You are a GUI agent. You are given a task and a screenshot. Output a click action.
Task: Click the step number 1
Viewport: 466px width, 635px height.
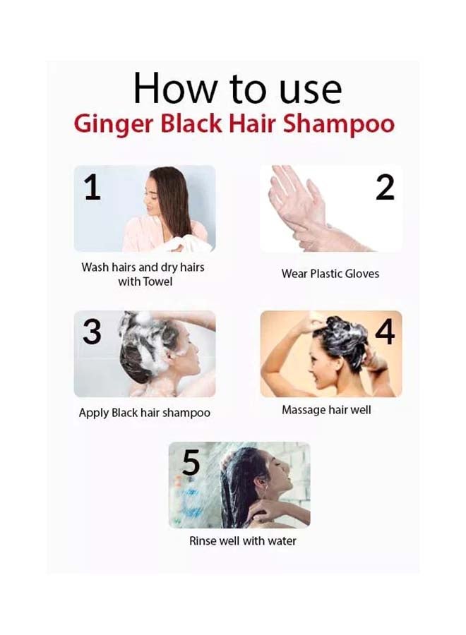pyautogui.click(x=92, y=188)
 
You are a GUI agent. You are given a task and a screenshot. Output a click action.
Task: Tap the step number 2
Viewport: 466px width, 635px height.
pyautogui.click(x=385, y=187)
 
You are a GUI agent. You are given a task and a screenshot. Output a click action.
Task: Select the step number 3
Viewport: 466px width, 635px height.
pyautogui.click(x=92, y=332)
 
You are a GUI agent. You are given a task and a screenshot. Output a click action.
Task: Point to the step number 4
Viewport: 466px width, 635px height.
pyautogui.click(x=385, y=332)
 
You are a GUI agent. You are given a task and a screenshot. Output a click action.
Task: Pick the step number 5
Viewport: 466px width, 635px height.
pyautogui.click(x=191, y=464)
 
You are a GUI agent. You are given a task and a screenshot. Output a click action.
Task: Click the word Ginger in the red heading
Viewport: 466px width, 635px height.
pyautogui.click(x=113, y=124)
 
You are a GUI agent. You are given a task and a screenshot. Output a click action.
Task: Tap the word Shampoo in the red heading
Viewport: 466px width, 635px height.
pyautogui.click(x=338, y=124)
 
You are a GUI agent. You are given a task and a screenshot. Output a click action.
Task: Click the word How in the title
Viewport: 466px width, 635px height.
pyautogui.click(x=169, y=90)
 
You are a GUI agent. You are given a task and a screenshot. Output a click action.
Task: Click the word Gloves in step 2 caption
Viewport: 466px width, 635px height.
pyautogui.click(x=360, y=273)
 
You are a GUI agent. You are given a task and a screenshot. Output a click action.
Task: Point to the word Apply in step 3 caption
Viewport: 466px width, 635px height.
pyautogui.click(x=93, y=413)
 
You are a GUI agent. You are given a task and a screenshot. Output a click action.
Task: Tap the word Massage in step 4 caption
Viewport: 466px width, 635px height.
pyautogui.click(x=304, y=410)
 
